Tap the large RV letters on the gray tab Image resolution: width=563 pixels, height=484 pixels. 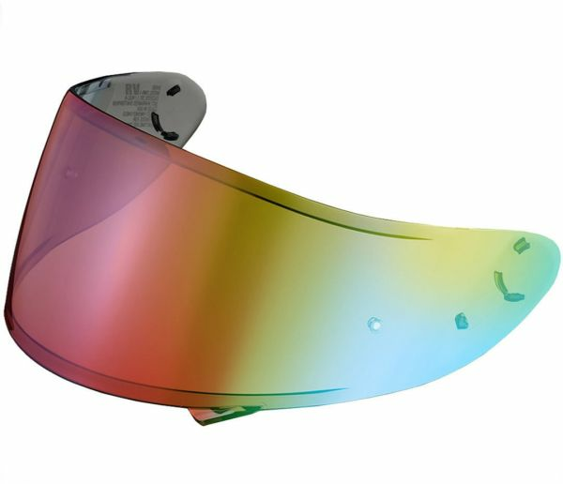point(131,91)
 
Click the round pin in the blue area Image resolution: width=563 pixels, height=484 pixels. point(373,324)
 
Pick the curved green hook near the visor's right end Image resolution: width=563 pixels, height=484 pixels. point(508,285)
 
